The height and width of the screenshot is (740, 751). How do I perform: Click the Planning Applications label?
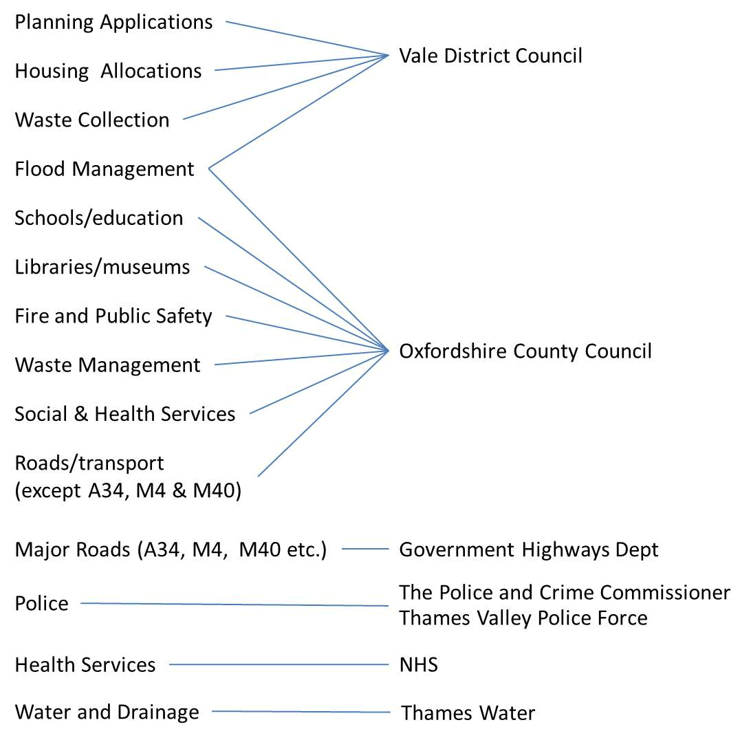pos(113,22)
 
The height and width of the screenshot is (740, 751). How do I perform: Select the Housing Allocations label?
pos(108,71)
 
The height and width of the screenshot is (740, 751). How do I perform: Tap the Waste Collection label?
pos(92,120)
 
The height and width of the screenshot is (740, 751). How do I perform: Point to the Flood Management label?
pos(105,168)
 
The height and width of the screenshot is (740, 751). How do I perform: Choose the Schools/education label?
pos(99,218)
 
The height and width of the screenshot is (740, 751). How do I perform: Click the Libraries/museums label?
pos(102,267)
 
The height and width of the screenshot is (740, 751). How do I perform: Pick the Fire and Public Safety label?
pos(113,316)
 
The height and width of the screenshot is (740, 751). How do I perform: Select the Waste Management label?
pos(108,365)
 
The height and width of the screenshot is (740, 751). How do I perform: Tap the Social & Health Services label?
pos(125,414)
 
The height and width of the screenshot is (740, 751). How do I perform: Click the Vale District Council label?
pos(490,56)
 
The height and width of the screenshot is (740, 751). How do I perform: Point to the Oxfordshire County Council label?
pos(525,351)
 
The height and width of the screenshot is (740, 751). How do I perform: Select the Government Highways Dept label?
pos(529,549)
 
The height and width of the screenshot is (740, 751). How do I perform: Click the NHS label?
pos(418,665)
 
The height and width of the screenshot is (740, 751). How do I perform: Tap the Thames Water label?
pos(468,713)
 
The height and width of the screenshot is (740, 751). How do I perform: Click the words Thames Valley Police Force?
pos(523,618)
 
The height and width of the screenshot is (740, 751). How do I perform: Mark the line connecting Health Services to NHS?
pos(279,665)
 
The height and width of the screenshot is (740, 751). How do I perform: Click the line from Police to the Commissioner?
pos(234,605)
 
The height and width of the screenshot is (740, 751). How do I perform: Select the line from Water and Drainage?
pos(300,712)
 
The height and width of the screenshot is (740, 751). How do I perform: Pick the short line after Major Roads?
pos(365,549)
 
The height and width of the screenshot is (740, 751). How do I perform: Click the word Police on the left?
pos(42,604)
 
